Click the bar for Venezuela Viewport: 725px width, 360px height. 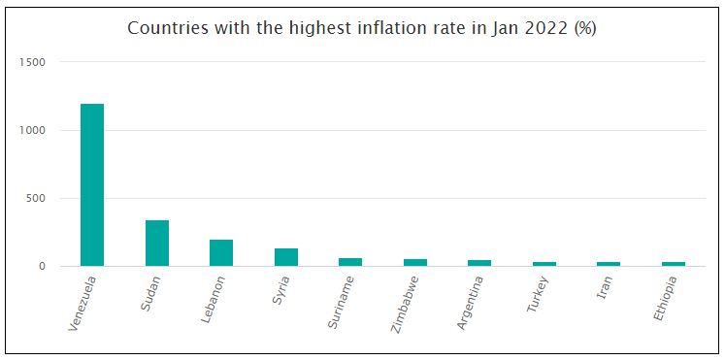[92, 184]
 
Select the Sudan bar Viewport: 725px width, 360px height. [157, 243]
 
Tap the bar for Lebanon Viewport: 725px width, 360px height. [221, 252]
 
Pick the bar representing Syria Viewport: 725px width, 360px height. [286, 257]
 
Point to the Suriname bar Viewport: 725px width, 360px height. [350, 262]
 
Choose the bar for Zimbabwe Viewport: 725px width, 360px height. [415, 262]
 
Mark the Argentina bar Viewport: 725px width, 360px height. [479, 263]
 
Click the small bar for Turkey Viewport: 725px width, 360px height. [544, 264]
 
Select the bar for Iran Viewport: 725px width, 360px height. [609, 264]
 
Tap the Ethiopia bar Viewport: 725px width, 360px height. [674, 264]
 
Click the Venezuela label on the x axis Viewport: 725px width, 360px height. [82, 304]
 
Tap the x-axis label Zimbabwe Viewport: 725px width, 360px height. [407, 303]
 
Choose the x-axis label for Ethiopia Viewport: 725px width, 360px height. [667, 300]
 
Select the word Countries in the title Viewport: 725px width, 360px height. [165, 28]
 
